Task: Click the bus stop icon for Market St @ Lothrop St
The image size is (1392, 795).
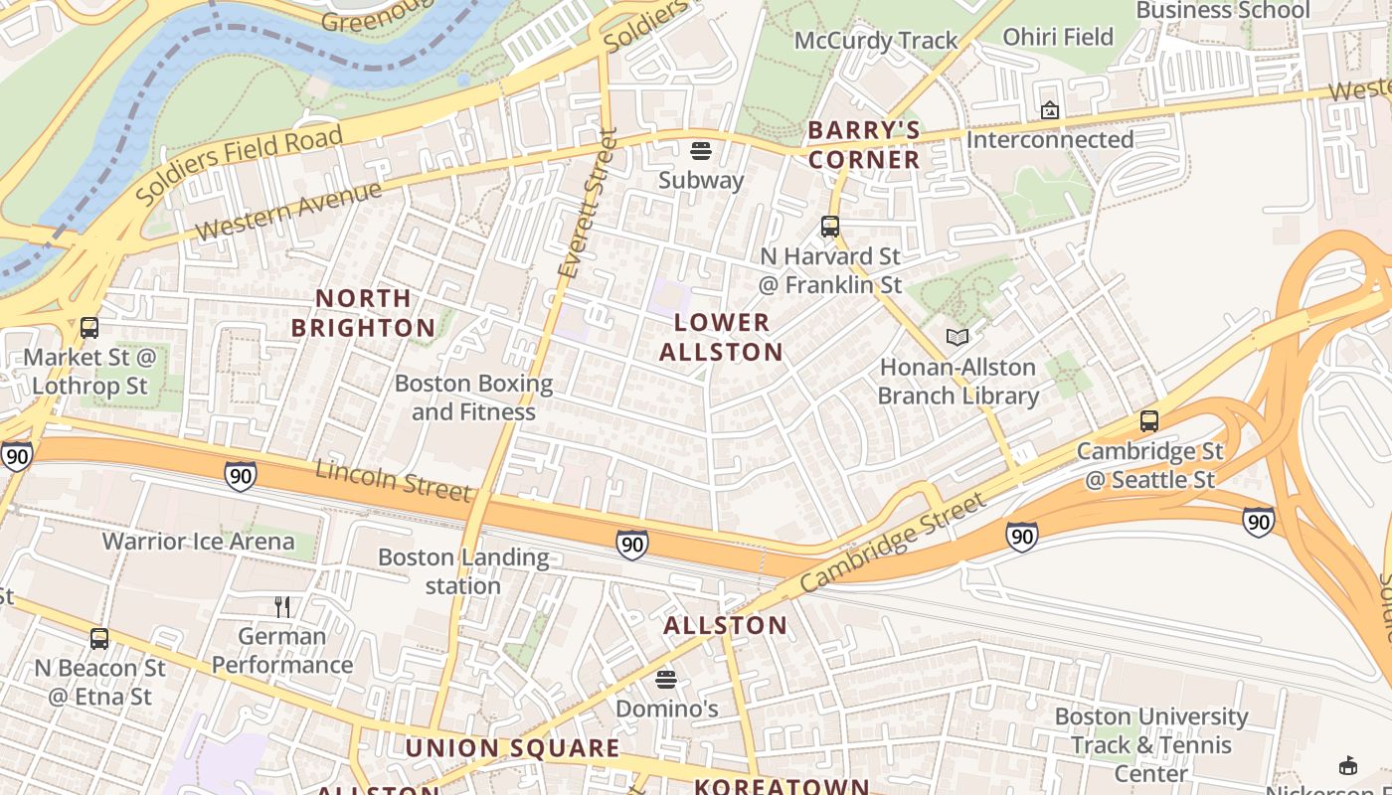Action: coord(89,327)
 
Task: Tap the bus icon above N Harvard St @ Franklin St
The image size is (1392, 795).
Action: coord(830,227)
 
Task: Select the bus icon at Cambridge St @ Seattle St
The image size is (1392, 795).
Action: coord(1149,420)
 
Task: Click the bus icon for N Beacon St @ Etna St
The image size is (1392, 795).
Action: coord(98,638)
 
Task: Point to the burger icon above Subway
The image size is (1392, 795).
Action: coord(701,151)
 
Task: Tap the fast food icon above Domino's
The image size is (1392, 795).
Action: coord(666,680)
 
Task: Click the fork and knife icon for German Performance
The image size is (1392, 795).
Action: coord(282,606)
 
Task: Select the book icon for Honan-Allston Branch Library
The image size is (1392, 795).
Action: coord(957,338)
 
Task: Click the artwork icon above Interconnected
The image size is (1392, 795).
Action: coord(1049,110)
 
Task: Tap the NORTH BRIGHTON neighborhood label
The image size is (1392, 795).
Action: coord(363,313)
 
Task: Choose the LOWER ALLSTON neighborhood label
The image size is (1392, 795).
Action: coord(721,337)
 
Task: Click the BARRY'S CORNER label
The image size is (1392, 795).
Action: coord(863,145)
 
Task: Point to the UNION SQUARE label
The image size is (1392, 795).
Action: coord(512,748)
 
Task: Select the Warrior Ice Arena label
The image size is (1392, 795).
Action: coord(199,542)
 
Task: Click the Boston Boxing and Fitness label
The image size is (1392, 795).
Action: coord(473,397)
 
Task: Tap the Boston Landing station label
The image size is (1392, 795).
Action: coord(463,571)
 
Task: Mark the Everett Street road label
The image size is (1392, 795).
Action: coord(588,204)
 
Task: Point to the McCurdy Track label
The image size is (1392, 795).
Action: coord(876,41)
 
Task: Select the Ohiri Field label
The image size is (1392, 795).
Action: coord(1058,37)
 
